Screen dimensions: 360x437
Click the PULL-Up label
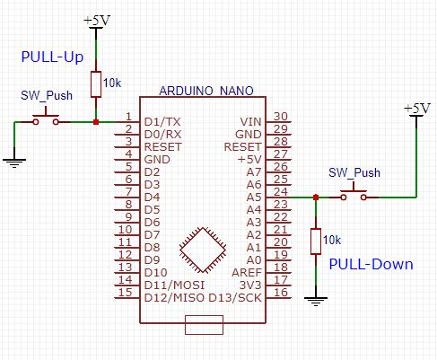coord(52,57)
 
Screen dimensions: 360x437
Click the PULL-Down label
coord(371,264)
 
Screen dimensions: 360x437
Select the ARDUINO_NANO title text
coord(205,92)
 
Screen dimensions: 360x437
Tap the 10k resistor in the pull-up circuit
coord(96,83)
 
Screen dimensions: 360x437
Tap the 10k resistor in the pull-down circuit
coord(315,241)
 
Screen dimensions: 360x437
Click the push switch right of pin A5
coord(354,195)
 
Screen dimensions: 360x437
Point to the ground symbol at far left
coord(13,161)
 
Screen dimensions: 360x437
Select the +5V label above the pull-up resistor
coord(95,19)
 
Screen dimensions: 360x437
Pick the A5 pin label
coord(253,196)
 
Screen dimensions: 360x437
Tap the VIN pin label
coord(250,120)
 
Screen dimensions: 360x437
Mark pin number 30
coord(280,116)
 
